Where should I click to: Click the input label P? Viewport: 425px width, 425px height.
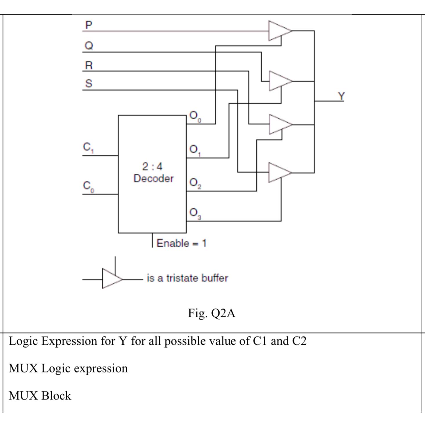click(89, 25)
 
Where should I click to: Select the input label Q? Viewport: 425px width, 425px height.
click(89, 46)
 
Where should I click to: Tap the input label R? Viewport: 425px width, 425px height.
click(89, 65)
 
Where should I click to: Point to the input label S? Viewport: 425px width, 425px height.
click(89, 84)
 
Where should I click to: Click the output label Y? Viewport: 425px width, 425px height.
click(341, 96)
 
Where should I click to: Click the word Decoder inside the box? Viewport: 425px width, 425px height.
click(153, 178)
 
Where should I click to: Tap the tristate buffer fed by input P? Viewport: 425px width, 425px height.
click(278, 30)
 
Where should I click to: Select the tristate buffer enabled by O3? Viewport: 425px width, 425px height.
click(278, 173)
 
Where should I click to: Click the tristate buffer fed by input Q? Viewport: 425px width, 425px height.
click(278, 81)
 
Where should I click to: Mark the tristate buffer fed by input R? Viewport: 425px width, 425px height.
click(278, 124)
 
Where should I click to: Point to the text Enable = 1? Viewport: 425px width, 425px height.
click(181, 243)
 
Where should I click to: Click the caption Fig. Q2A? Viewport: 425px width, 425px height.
click(211, 313)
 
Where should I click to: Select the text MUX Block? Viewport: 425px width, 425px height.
click(40, 396)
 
